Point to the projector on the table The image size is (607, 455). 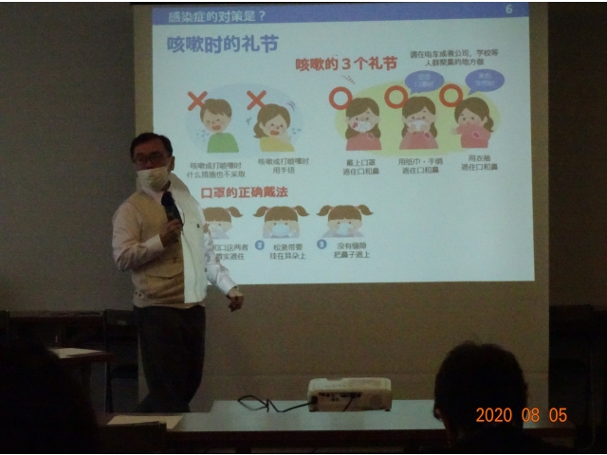tap(350, 393)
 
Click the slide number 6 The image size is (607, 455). tap(508, 9)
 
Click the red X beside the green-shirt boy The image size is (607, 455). tap(197, 100)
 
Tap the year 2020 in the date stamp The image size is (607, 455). tap(493, 415)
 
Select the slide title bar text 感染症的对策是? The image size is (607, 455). tap(217, 15)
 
